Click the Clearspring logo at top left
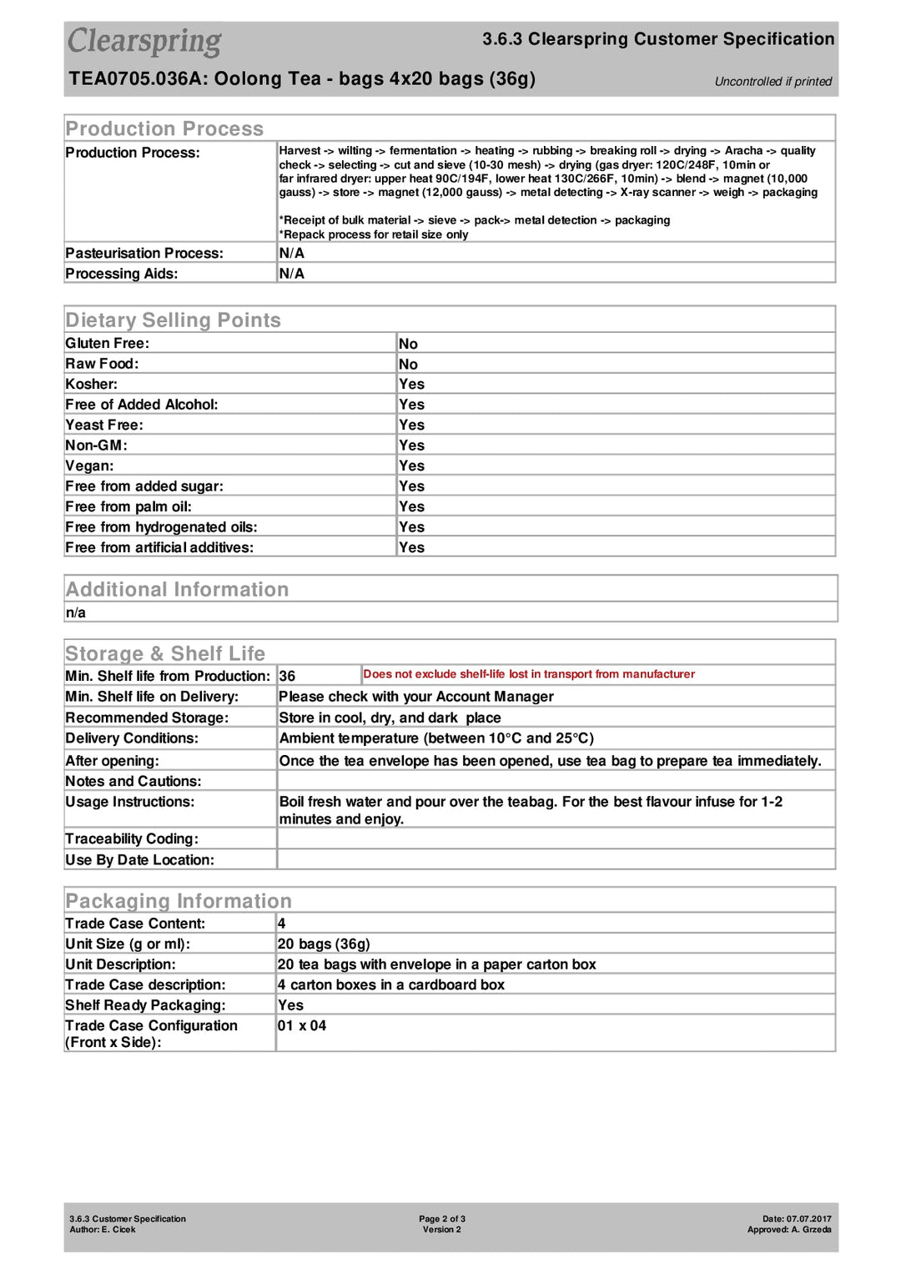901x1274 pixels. pyautogui.click(x=144, y=42)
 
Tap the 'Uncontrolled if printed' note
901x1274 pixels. pyautogui.click(x=773, y=82)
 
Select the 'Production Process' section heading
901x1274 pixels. pyautogui.click(x=164, y=128)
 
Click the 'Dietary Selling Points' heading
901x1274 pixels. pyautogui.click(x=173, y=320)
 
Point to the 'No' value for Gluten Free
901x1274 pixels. pyautogui.click(x=408, y=344)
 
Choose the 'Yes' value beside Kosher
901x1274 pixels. pyautogui.click(x=411, y=385)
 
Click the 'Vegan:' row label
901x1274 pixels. pyautogui.click(x=89, y=466)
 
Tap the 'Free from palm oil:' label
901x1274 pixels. pyautogui.click(x=128, y=507)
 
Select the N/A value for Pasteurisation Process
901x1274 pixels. pyautogui.click(x=291, y=254)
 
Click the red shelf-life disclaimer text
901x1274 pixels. pyautogui.click(x=529, y=674)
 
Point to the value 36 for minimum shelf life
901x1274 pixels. pyautogui.click(x=287, y=677)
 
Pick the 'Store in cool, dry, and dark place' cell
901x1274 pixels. pyautogui.click(x=390, y=718)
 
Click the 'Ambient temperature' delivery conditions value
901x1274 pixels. pyautogui.click(x=436, y=738)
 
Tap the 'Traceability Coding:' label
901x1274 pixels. pyautogui.click(x=132, y=839)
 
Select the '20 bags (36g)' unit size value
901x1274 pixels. pyautogui.click(x=324, y=944)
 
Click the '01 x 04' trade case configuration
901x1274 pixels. pyautogui.click(x=302, y=1026)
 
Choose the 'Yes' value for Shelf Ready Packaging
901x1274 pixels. pyautogui.click(x=290, y=1005)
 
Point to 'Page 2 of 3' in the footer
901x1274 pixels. pyautogui.click(x=442, y=1219)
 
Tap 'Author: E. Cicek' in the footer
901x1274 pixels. pyautogui.click(x=103, y=1230)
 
